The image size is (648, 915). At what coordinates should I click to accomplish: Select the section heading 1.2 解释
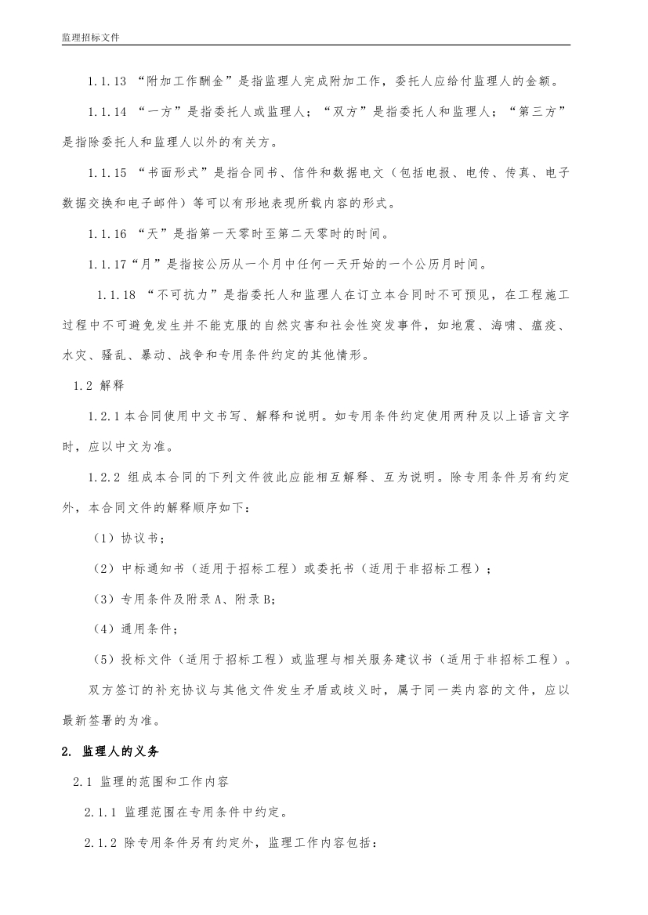click(x=98, y=386)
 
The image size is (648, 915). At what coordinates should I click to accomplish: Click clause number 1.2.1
click(x=103, y=416)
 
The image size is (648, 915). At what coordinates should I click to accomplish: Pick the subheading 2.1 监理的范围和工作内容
click(x=150, y=782)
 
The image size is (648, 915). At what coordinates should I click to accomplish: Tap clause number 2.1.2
click(x=101, y=843)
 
